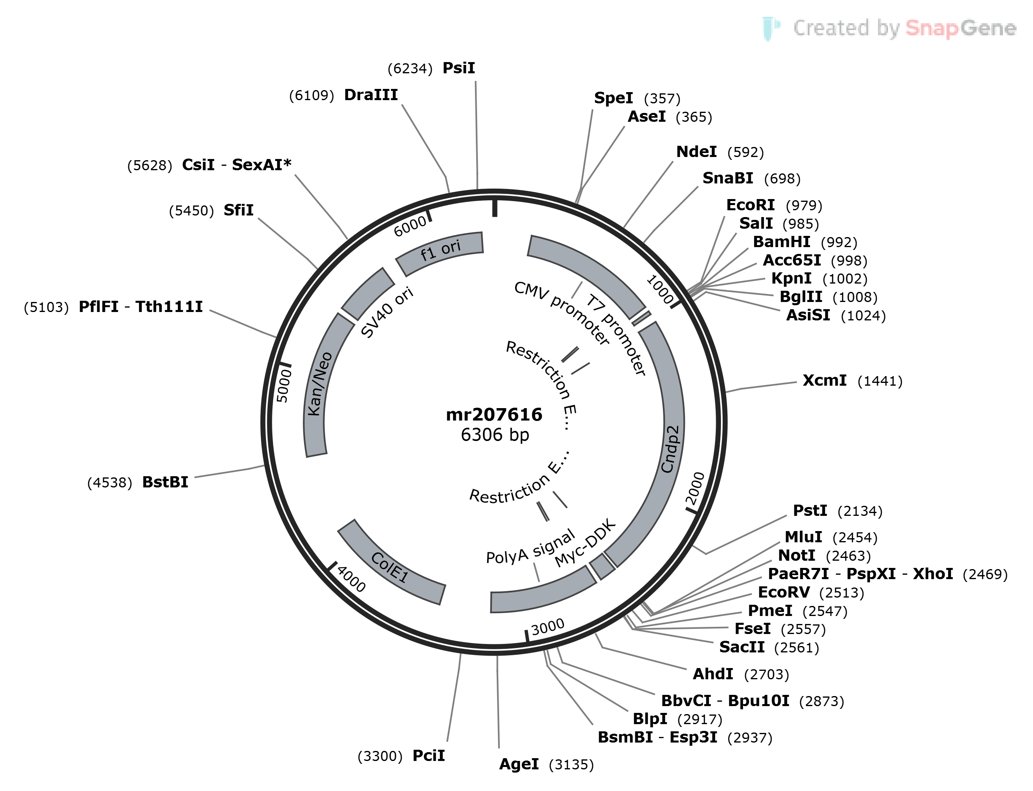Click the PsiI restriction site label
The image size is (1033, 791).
459,68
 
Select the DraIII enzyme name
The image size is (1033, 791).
371,95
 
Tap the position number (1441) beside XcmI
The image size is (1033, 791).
880,381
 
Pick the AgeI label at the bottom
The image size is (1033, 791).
519,764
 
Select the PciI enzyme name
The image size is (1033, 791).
429,755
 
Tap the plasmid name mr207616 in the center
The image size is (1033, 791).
494,415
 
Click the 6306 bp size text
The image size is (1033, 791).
495,435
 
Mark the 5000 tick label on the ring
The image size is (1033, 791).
284,386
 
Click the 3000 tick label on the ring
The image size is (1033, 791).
548,627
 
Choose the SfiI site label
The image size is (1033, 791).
238,210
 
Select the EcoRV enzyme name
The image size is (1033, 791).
784,592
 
